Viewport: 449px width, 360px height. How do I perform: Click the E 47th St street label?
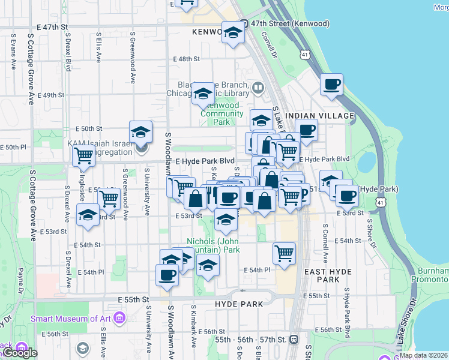coord(52,28)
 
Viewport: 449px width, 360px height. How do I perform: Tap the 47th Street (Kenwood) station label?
coord(291,23)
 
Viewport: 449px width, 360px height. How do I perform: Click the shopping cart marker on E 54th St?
coord(284,253)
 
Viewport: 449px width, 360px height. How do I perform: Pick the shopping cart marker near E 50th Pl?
coord(83,155)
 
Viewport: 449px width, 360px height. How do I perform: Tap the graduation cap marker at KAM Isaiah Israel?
coord(140,131)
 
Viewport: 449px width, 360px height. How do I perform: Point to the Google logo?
coord(20,353)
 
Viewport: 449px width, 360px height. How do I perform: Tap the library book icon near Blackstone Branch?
coord(258,88)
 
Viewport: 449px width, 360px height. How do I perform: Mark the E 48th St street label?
coord(186,59)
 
